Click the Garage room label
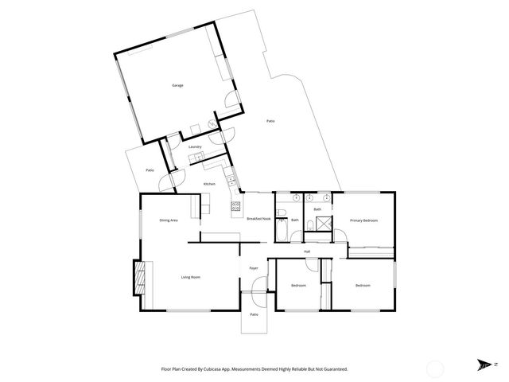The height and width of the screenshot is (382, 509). click(179, 85)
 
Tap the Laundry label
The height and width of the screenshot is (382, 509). click(195, 147)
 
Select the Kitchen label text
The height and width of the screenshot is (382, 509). click(209, 185)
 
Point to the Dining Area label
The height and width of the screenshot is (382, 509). click(169, 220)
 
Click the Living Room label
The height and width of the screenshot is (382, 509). click(190, 277)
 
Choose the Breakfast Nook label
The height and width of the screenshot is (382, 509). click(258, 219)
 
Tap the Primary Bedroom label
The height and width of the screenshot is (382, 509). click(363, 220)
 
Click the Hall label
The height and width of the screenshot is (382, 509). click(307, 251)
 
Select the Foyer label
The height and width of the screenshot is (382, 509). click(254, 269)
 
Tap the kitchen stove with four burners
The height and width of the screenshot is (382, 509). click(236, 208)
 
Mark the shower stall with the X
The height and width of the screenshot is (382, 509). click(319, 224)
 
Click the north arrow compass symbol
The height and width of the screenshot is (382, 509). click(484, 365)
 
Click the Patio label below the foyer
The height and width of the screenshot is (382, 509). click(254, 315)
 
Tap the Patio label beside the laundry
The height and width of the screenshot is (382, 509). click(150, 170)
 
